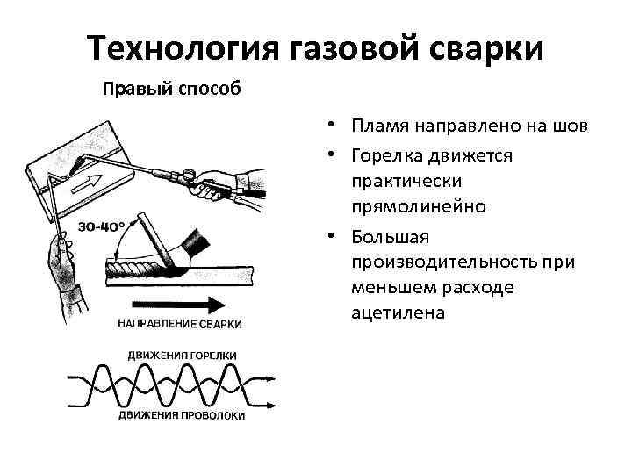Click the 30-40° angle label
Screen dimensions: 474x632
point(100,227)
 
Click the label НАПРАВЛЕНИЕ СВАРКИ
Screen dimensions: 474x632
point(180,324)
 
